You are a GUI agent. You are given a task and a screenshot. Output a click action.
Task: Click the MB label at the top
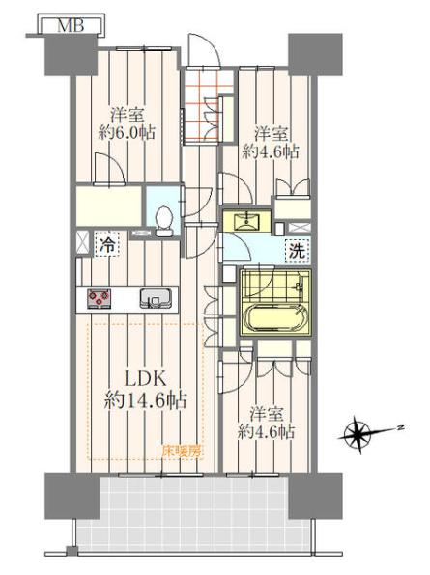click(72, 26)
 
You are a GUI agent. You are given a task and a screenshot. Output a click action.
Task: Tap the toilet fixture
click(163, 221)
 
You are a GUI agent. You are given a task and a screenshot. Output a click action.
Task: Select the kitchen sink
click(156, 298)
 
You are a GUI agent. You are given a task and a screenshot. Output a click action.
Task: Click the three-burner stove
click(99, 298)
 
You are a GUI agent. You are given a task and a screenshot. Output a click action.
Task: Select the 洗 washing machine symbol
click(298, 252)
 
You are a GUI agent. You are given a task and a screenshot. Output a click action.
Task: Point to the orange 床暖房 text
click(181, 452)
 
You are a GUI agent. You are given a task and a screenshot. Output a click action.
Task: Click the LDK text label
click(144, 378)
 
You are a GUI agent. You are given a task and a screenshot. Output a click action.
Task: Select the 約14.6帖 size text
click(145, 400)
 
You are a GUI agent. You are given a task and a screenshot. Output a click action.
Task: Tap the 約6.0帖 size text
click(127, 132)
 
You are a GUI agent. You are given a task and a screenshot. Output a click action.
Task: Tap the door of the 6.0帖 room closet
click(110, 170)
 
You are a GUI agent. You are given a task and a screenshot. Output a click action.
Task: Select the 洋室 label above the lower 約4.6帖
click(267, 415)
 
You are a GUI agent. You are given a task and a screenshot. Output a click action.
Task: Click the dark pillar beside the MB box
click(72, 56)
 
